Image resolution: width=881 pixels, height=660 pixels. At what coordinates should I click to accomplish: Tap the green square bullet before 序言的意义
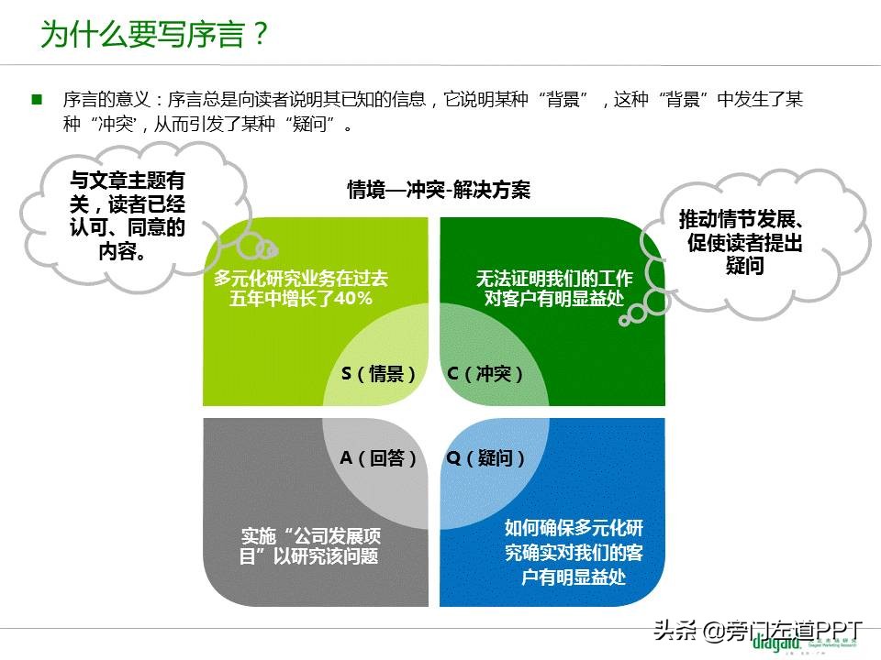pyautogui.click(x=38, y=99)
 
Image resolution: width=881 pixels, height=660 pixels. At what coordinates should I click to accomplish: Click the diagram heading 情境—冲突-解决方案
pyautogui.click(x=439, y=190)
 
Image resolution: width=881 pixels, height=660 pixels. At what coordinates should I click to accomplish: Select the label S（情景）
pyautogui.click(x=379, y=374)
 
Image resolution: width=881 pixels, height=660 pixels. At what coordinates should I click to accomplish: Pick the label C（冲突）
pyautogui.click(x=485, y=374)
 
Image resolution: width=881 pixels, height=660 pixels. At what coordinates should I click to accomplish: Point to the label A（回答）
pyautogui.click(x=379, y=458)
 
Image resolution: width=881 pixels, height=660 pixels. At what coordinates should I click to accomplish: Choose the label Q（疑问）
pyautogui.click(x=486, y=458)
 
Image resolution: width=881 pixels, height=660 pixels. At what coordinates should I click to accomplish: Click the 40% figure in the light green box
pyautogui.click(x=353, y=299)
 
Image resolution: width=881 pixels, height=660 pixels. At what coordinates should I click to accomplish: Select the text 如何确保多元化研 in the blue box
pyautogui.click(x=574, y=529)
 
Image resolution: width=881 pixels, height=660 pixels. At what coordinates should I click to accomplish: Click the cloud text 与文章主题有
pyautogui.click(x=128, y=181)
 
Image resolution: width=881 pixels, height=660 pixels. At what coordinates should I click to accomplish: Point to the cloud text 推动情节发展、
pyautogui.click(x=742, y=220)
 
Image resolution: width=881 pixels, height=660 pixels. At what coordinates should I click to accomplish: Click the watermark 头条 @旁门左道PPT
pyautogui.click(x=758, y=630)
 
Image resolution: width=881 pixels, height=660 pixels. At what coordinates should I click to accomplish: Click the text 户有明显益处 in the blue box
pyautogui.click(x=574, y=577)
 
